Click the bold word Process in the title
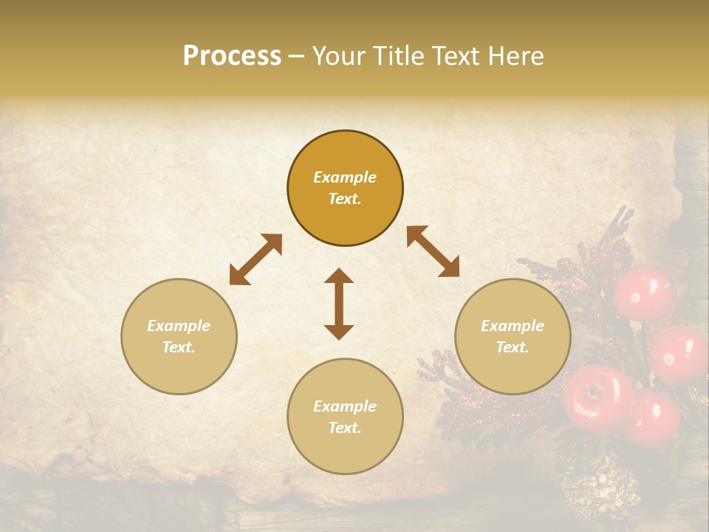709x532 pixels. [232, 56]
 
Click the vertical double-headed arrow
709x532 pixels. [339, 304]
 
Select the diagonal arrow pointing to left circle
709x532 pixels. [256, 259]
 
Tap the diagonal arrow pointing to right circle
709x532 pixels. [433, 251]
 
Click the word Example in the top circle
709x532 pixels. [345, 177]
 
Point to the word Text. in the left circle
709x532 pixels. [179, 347]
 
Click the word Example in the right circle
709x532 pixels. [513, 326]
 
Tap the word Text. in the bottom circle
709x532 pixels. [345, 428]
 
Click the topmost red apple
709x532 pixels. [645, 292]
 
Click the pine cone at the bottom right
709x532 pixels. [600, 488]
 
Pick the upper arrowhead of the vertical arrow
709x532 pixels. [339, 278]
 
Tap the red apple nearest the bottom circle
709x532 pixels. [597, 397]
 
